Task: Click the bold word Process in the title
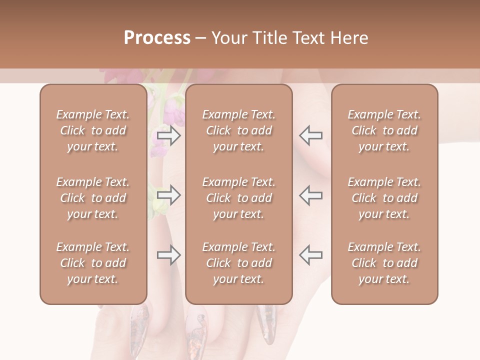[x=157, y=38]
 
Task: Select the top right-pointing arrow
[x=168, y=135]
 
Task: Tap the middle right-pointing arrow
[x=168, y=195]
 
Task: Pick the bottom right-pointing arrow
[x=168, y=255]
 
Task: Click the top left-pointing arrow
[x=310, y=135]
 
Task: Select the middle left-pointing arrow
[x=310, y=195]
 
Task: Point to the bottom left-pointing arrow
[x=310, y=255]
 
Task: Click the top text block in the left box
[x=93, y=130]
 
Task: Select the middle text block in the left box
[x=93, y=198]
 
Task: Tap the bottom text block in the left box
[x=93, y=263]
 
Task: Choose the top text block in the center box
[x=238, y=130]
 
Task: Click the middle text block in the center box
[x=238, y=198]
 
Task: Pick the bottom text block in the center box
[x=238, y=263]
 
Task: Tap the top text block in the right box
[x=384, y=130]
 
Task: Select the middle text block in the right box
[x=384, y=198]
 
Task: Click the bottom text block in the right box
[x=384, y=263]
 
